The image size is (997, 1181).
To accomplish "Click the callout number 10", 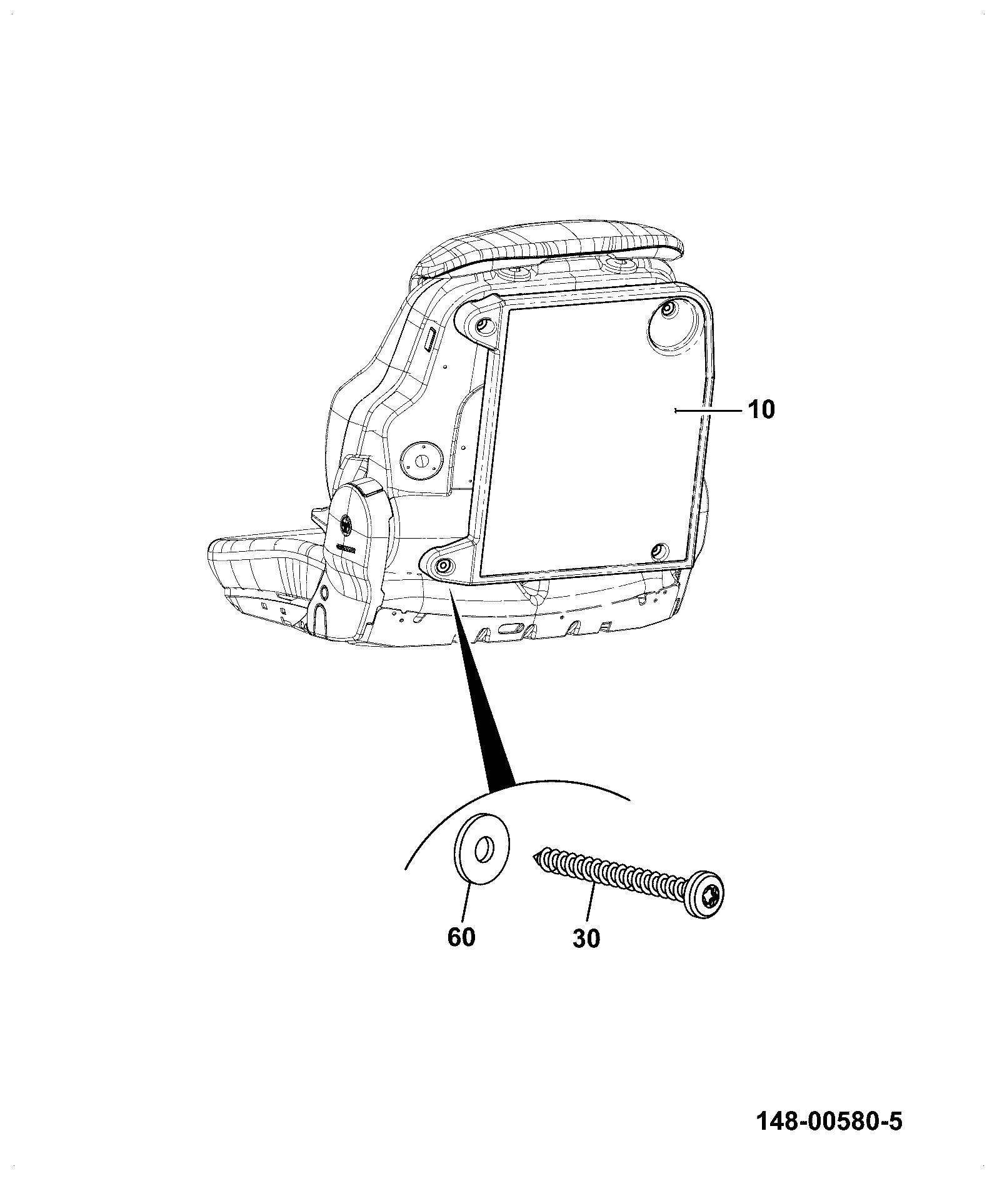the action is [x=761, y=410].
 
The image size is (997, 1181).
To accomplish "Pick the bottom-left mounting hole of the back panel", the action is [x=443, y=566].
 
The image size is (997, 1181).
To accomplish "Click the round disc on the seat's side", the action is [x=422, y=461].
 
